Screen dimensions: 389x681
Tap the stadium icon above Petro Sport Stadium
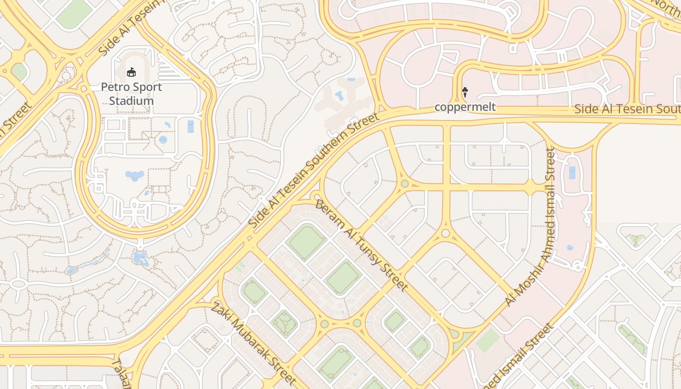(131, 72)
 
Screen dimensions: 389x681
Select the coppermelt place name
(465, 107)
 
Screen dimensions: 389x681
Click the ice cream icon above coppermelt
(465, 91)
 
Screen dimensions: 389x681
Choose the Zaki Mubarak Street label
(253, 343)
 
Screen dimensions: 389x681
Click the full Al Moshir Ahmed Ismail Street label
(530, 227)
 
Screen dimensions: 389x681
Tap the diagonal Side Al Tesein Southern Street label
(313, 171)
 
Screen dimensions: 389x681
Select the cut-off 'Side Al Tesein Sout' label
(627, 108)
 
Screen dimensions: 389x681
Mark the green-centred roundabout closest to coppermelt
(404, 184)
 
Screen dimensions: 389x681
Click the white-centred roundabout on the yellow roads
(446, 234)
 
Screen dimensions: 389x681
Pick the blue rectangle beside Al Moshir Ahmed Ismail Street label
(572, 173)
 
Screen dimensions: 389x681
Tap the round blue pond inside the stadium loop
(162, 140)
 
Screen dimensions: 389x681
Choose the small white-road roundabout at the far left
(18, 283)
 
